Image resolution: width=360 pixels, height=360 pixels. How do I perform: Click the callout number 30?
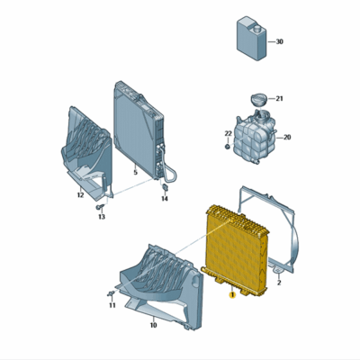click(279, 42)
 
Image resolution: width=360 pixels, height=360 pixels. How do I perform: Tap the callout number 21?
click(280, 98)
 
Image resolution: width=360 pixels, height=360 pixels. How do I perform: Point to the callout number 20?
click(288, 138)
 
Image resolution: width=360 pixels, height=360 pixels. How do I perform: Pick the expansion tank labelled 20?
click(255, 137)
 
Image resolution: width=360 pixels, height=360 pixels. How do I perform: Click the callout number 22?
click(228, 134)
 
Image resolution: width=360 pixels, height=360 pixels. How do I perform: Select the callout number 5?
click(134, 172)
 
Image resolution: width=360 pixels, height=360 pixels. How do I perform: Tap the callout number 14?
click(165, 199)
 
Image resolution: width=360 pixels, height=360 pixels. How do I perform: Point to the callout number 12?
click(80, 193)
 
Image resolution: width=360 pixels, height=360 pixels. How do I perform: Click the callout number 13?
click(102, 218)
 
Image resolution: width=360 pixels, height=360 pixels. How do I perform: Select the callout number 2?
click(279, 283)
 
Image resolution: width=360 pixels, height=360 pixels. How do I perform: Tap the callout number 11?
click(112, 306)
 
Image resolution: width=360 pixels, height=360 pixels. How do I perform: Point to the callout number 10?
click(152, 324)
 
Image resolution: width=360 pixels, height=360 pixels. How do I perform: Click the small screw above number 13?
click(98, 207)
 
